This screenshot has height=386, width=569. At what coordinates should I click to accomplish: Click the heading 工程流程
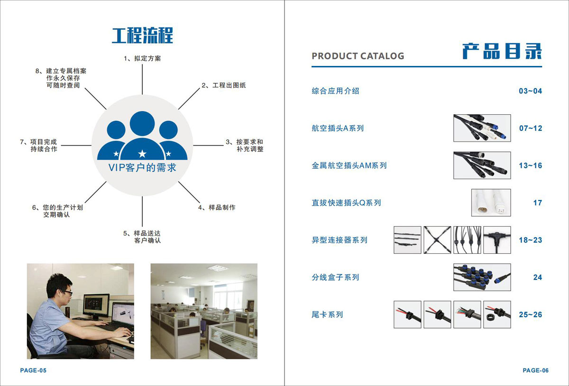[142, 36]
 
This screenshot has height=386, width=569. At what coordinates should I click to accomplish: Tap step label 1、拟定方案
[142, 59]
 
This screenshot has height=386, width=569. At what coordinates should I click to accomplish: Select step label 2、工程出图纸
[223, 85]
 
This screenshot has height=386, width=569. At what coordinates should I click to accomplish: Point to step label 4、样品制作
[216, 207]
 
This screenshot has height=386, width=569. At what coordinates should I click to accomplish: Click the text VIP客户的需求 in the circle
[142, 168]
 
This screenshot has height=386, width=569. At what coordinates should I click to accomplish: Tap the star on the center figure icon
[142, 153]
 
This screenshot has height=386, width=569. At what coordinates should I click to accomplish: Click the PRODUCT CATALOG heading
[358, 56]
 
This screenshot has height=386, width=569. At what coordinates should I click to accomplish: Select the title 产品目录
[502, 51]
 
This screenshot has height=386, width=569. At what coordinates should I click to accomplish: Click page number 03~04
[530, 91]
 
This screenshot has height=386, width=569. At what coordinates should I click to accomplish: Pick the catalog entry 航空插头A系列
[338, 128]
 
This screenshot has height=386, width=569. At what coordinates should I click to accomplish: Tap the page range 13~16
[530, 165]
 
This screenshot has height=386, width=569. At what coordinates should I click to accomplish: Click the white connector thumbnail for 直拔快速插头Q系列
[491, 202]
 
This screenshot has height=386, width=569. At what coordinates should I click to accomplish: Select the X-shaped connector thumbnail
[437, 239]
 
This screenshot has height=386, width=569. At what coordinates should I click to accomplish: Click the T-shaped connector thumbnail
[497, 239]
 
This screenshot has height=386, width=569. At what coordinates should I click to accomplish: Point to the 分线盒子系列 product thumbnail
[482, 277]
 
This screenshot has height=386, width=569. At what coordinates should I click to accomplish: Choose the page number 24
[537, 277]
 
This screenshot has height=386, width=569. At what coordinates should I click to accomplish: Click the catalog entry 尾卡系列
[327, 314]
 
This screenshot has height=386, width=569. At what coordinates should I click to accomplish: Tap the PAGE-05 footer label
[33, 370]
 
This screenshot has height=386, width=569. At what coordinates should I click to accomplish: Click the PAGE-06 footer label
[535, 370]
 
